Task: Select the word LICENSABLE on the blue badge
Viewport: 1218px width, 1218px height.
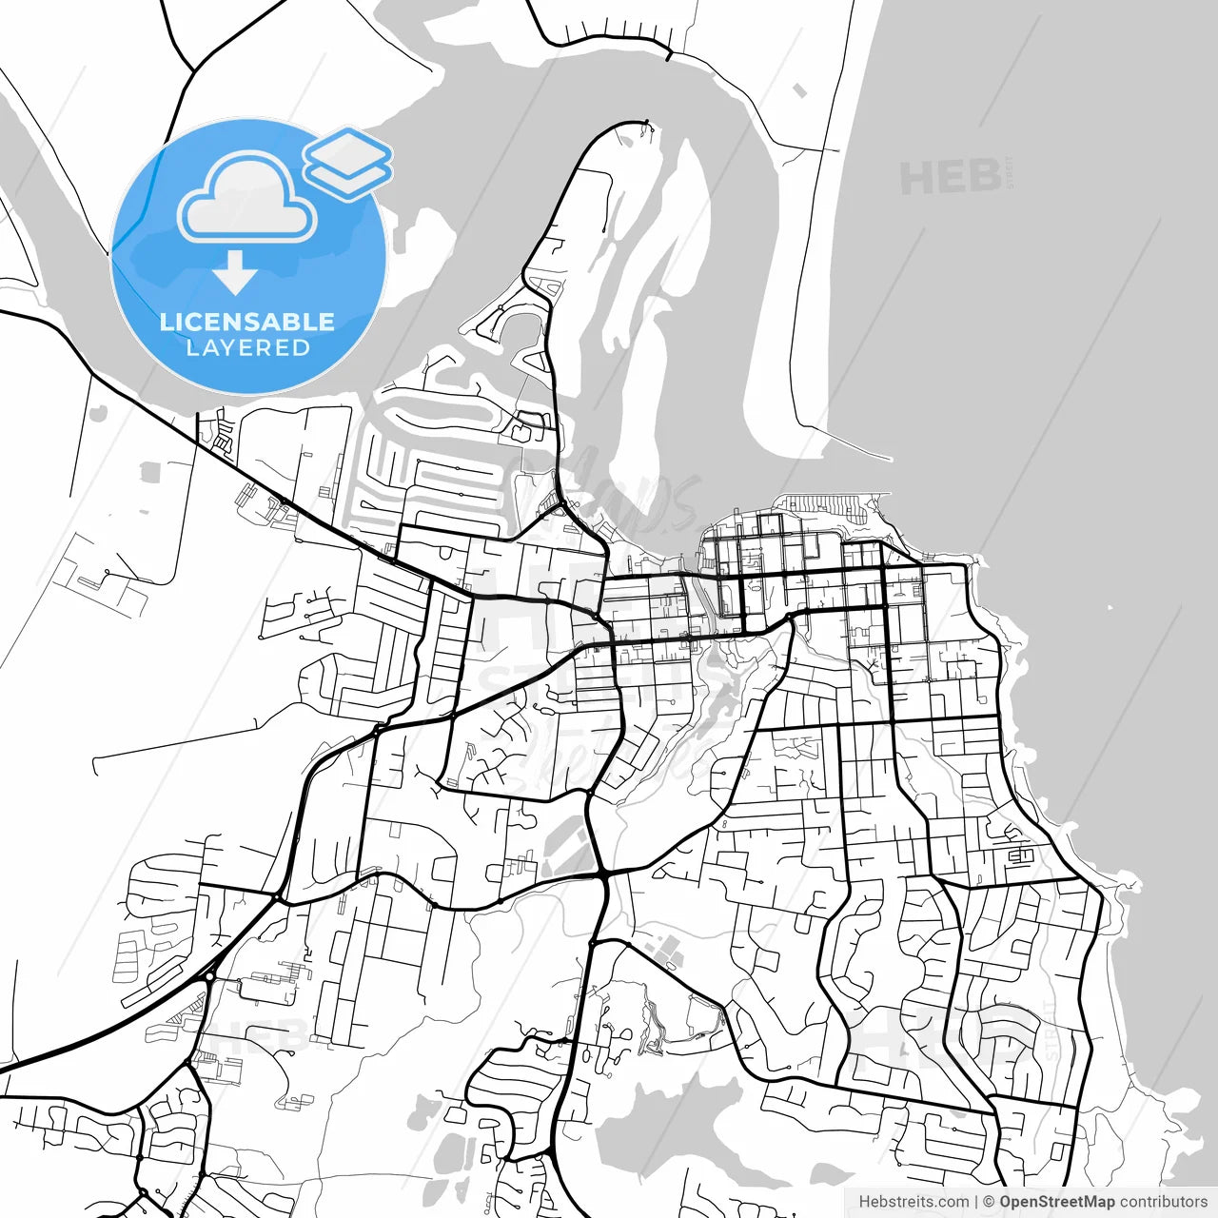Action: (x=247, y=322)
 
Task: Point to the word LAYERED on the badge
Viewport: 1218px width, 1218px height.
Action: (x=247, y=348)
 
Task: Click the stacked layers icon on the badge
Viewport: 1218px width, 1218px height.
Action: (x=348, y=162)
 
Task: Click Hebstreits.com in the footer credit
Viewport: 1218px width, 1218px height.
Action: (x=913, y=1202)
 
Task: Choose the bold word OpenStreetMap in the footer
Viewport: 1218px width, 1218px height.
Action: (x=1056, y=1202)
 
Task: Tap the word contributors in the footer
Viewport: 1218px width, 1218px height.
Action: (x=1163, y=1202)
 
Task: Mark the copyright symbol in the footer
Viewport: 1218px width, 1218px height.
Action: (x=989, y=1202)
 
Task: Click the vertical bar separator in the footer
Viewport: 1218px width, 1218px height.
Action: (x=977, y=1202)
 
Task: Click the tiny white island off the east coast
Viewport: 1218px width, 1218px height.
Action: (x=1109, y=607)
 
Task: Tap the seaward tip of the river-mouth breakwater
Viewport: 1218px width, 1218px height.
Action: (x=889, y=459)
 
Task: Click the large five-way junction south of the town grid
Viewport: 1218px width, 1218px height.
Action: (x=603, y=874)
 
